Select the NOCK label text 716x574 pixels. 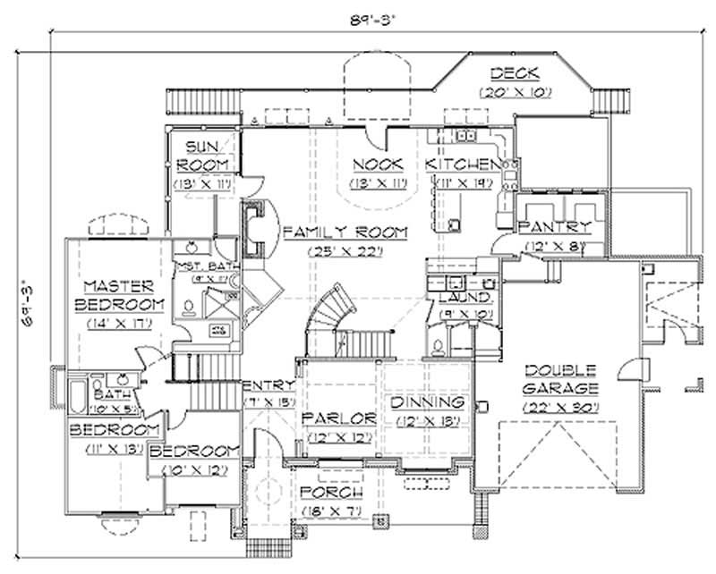(377, 165)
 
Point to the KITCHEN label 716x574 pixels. (462, 165)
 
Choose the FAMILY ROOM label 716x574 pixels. (345, 232)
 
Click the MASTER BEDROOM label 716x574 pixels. (124, 296)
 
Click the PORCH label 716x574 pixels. (331, 493)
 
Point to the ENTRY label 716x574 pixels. (268, 385)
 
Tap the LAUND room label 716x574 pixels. (463, 297)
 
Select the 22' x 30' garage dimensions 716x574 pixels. (561, 408)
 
